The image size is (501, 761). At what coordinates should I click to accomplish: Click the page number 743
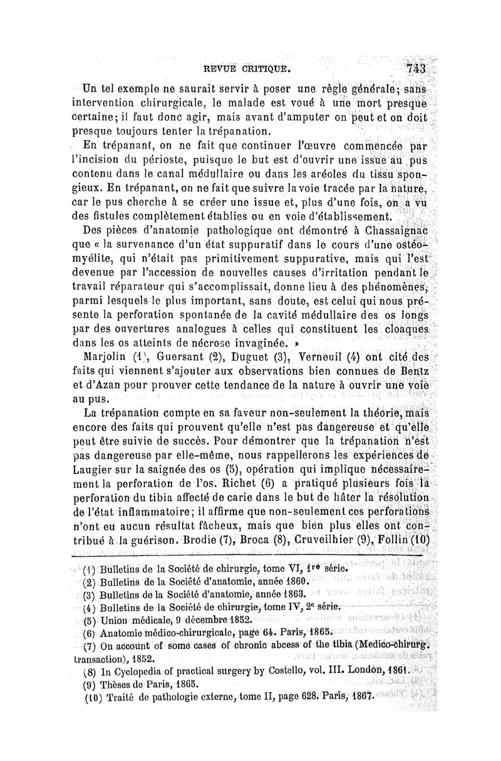(x=415, y=68)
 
